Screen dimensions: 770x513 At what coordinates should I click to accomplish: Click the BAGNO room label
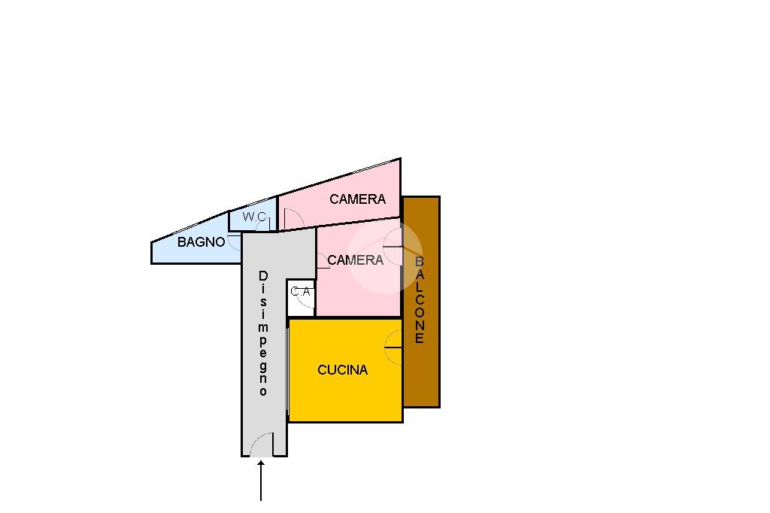201,242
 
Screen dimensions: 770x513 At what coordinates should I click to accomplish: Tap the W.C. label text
254,217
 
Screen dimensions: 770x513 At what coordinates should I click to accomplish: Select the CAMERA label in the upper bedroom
357,199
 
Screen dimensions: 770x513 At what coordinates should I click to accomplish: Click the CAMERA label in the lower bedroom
355,260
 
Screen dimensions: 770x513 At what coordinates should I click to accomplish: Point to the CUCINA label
342,370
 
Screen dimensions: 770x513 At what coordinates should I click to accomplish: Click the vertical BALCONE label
420,300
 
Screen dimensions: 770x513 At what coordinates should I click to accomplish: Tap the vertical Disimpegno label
263,333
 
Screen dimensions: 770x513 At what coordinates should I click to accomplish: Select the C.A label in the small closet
300,291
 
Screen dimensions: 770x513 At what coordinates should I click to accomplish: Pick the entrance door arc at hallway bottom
262,445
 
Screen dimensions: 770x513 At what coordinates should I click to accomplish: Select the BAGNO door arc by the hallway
235,243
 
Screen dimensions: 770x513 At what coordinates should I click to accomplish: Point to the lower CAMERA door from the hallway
323,261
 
